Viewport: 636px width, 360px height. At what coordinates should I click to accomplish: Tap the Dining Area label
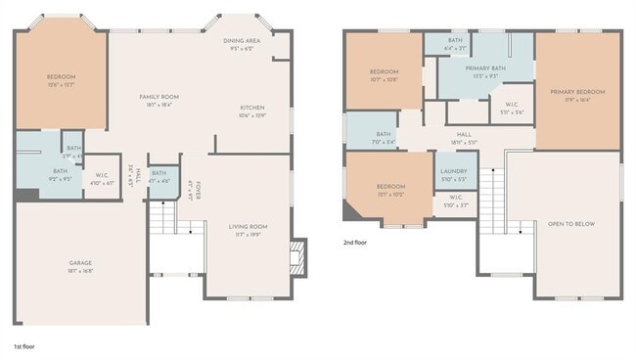tap(241, 41)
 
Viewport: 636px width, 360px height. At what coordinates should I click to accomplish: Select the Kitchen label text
tap(252, 108)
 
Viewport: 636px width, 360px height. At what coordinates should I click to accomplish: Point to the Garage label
tap(80, 262)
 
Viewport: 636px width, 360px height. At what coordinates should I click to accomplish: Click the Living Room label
tap(248, 226)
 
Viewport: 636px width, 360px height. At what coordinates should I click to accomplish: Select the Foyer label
tap(198, 190)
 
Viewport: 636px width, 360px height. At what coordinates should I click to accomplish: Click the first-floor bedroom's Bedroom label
tap(61, 76)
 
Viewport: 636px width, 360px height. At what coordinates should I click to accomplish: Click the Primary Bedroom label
tap(576, 91)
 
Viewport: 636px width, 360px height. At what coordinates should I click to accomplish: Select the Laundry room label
tap(454, 172)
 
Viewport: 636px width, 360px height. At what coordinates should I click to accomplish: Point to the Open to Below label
tap(570, 223)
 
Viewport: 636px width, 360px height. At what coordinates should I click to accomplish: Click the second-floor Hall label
tap(464, 135)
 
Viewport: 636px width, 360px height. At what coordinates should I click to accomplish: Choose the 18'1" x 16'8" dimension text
tap(80, 270)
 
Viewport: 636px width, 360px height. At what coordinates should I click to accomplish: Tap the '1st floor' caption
tap(23, 346)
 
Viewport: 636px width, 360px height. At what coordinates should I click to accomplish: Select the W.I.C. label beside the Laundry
tap(454, 199)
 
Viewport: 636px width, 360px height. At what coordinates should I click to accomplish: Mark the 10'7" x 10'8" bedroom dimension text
tap(384, 79)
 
